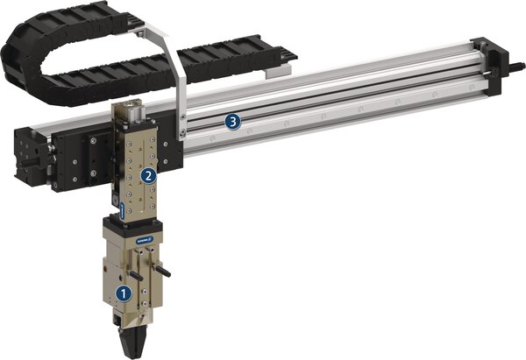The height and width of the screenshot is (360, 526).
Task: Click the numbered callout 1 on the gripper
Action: (124, 293)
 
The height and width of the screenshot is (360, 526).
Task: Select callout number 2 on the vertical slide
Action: (150, 174)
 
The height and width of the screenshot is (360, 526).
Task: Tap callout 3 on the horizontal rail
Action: (232, 122)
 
